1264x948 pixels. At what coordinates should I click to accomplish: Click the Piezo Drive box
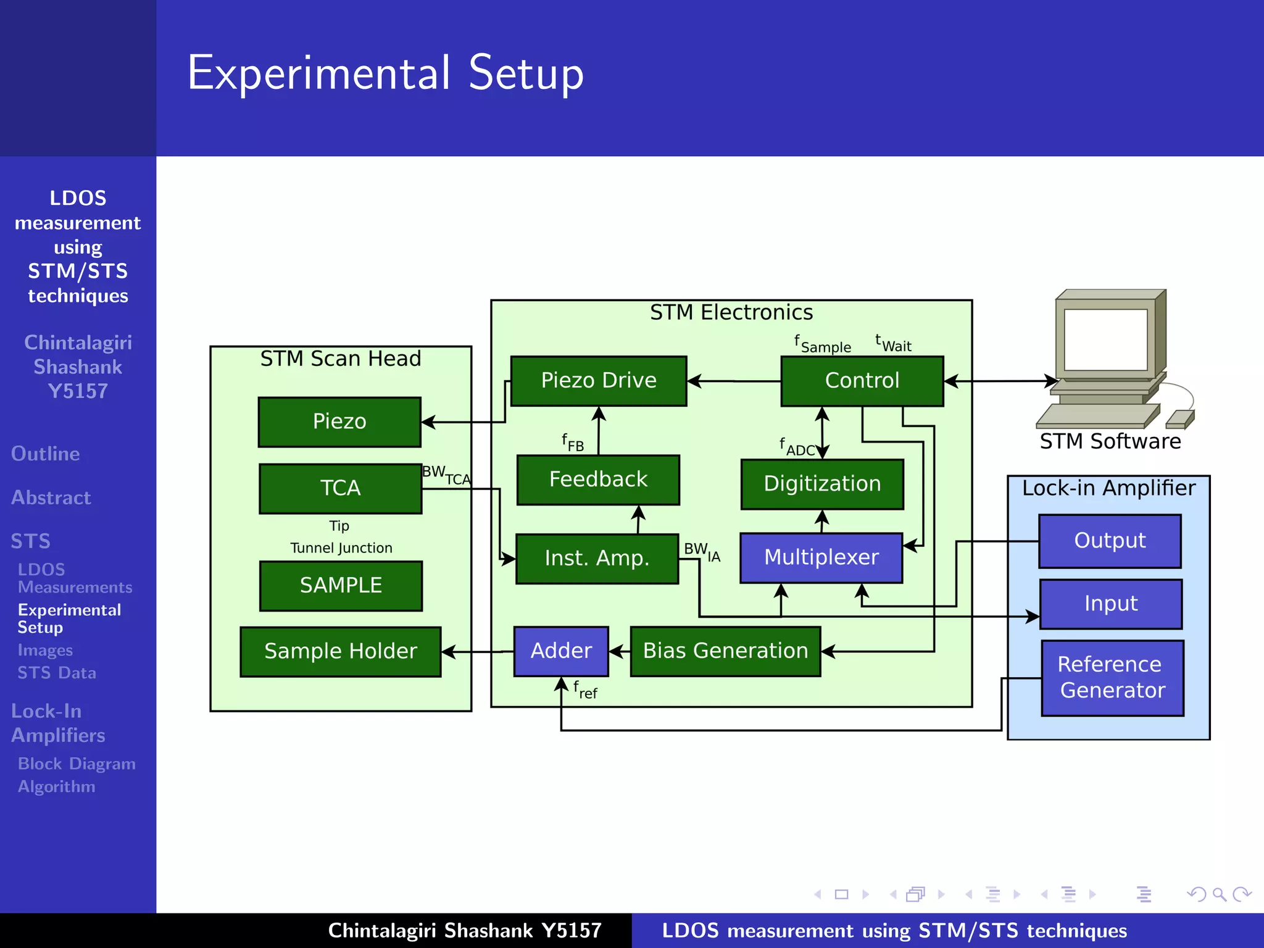pos(598,381)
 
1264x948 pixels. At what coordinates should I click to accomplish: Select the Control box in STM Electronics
pos(862,381)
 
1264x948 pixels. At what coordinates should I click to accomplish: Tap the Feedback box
pos(597,480)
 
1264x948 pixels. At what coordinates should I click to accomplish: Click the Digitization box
pos(821,484)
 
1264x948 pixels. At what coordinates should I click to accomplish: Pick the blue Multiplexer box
pos(821,557)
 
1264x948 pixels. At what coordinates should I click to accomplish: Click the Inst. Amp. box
pos(596,559)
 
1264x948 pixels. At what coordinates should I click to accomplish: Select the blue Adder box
pos(560,651)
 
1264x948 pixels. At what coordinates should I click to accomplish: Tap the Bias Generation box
pos(725,651)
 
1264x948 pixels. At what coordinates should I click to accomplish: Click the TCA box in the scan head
pos(340,488)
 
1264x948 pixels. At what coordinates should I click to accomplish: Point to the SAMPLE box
pos(341,586)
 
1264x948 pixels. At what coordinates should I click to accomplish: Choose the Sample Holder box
pos(340,652)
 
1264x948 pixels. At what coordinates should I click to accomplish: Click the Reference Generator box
pos(1112,678)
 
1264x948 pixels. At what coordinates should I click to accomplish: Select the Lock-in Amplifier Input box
pos(1110,604)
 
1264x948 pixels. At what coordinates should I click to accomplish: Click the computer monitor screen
pos(1105,339)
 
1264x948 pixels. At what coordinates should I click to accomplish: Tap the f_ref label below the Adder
pos(584,690)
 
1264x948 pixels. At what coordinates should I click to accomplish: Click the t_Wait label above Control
pos(893,343)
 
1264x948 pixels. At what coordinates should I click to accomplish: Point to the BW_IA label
pos(702,552)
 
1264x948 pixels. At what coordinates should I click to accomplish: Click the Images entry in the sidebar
pos(45,651)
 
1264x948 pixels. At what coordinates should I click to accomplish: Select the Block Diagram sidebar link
pos(77,764)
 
